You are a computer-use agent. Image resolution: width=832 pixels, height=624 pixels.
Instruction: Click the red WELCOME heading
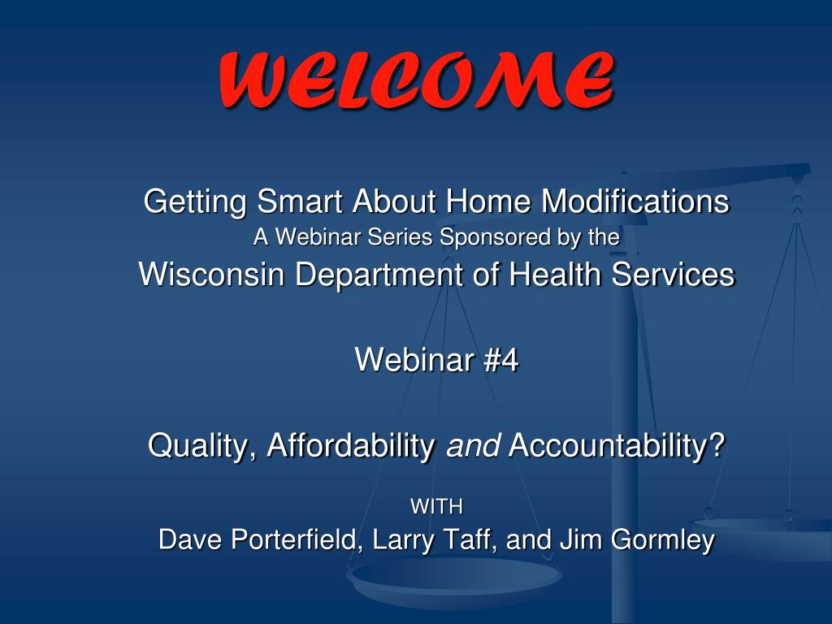(x=417, y=80)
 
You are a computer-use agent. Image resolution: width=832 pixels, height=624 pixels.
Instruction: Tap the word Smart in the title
(x=301, y=201)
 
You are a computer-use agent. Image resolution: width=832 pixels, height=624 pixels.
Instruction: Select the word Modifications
(x=635, y=201)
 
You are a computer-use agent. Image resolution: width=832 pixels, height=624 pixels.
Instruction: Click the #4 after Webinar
(x=500, y=360)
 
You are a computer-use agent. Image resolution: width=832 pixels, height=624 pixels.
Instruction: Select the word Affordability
(x=351, y=445)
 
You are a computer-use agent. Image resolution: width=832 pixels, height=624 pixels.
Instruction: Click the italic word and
(x=473, y=445)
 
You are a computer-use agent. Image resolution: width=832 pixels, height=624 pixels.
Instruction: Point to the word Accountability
(x=609, y=445)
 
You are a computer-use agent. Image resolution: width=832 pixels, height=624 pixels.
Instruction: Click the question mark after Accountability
(x=717, y=444)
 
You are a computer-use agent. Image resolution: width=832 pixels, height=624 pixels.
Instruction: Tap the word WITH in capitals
(x=436, y=507)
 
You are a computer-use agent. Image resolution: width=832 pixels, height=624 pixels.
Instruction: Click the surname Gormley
(x=663, y=540)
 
